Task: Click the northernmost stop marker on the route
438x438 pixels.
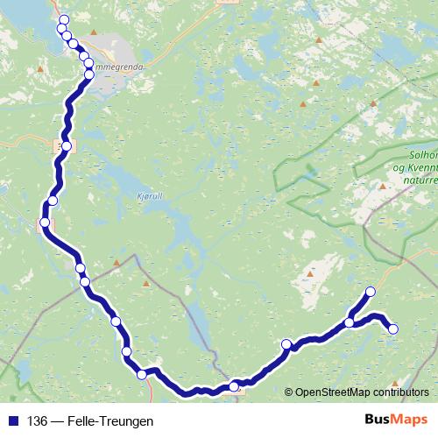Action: point(63,20)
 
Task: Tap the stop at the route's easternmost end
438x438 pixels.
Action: point(392,329)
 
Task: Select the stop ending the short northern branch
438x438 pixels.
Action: point(370,292)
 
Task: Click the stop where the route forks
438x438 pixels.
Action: point(350,322)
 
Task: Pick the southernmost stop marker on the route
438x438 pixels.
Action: point(234,386)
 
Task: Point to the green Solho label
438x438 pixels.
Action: point(423,155)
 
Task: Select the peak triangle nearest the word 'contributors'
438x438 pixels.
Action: point(396,383)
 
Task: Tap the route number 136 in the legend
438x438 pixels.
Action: point(38,420)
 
